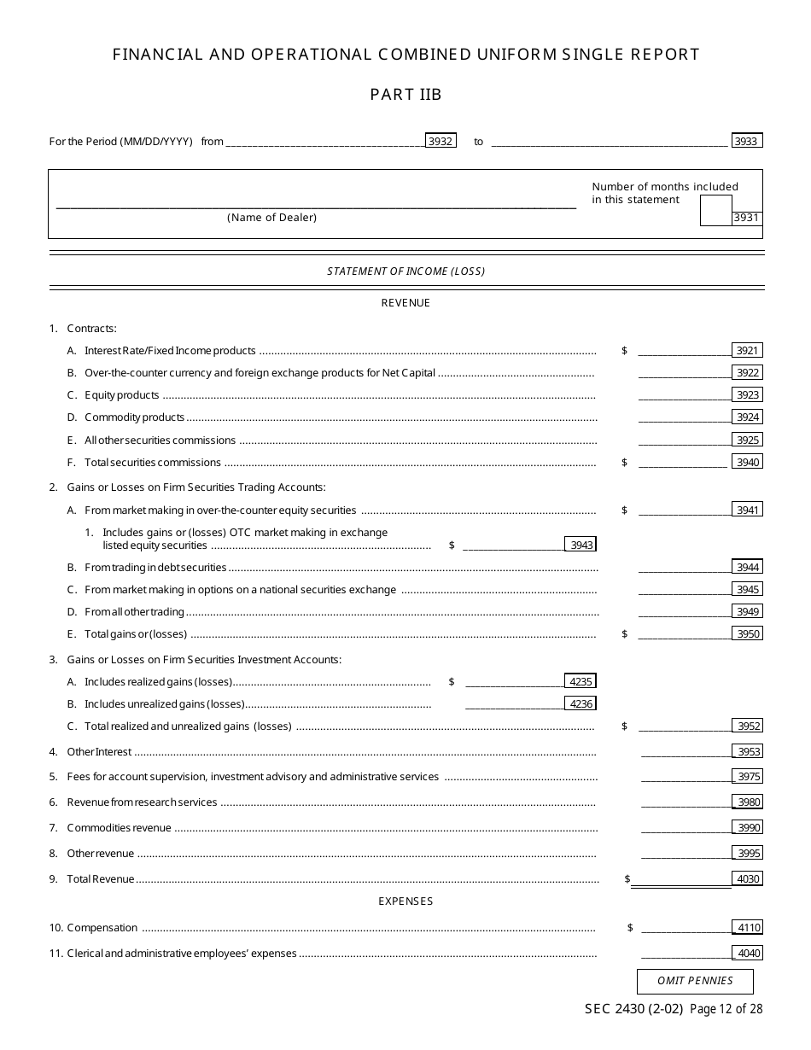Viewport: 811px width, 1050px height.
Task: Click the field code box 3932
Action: pyautogui.click(x=441, y=142)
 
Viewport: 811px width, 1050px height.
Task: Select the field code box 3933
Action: pyautogui.click(x=747, y=142)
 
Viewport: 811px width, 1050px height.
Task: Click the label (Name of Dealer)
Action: pyautogui.click(x=271, y=218)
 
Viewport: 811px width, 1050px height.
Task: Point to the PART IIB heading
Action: pyautogui.click(x=405, y=95)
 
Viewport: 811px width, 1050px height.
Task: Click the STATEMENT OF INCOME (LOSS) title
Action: pyautogui.click(x=405, y=271)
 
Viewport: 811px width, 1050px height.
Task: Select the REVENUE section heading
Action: pyautogui.click(x=405, y=303)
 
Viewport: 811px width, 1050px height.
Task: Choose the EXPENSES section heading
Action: pyautogui.click(x=405, y=901)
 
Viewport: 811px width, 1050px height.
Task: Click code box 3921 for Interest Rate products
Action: pyautogui.click(x=747, y=350)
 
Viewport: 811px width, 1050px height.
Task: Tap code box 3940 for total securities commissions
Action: pyautogui.click(x=747, y=462)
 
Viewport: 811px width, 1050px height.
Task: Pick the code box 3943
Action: pyautogui.click(x=581, y=545)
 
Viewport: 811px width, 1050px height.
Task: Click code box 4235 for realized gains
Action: pyautogui.click(x=581, y=681)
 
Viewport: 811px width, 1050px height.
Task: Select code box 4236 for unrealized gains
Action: pyautogui.click(x=581, y=703)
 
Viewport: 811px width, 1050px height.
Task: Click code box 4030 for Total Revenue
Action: pyautogui.click(x=747, y=878)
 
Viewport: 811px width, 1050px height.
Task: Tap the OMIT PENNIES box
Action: pyautogui.click(x=695, y=981)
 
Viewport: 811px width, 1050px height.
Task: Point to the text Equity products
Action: pyautogui.click(x=121, y=395)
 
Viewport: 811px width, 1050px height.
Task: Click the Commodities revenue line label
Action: pyautogui.click(x=119, y=828)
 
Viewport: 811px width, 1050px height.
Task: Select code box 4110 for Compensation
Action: pyautogui.click(x=748, y=928)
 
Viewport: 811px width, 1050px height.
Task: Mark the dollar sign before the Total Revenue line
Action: pyautogui.click(x=627, y=879)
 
